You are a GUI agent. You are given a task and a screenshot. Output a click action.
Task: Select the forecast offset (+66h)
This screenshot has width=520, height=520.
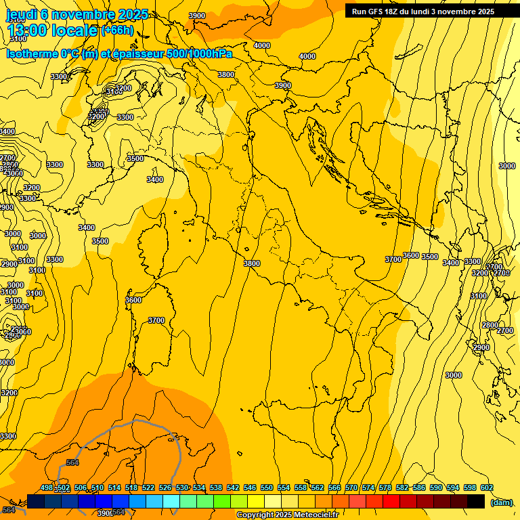point(116,30)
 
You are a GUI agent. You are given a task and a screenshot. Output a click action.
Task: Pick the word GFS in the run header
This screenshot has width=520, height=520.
point(378,12)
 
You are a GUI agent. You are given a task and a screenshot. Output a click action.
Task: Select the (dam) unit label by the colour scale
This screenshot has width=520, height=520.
point(501,502)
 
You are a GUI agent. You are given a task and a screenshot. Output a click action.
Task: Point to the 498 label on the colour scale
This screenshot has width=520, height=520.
point(47,487)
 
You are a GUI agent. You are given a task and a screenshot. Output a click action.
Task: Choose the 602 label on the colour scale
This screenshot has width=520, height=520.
point(486,487)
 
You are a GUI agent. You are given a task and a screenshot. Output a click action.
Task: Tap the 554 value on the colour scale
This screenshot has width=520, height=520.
point(284,487)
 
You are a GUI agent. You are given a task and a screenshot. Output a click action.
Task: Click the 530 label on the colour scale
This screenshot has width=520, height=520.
point(181,487)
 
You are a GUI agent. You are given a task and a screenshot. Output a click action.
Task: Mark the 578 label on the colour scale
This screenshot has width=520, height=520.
point(385,487)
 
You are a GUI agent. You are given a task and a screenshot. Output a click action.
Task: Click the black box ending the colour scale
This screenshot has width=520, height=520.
point(476,501)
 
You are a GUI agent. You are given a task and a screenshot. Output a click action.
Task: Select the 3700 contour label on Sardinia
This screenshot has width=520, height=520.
point(156,320)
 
